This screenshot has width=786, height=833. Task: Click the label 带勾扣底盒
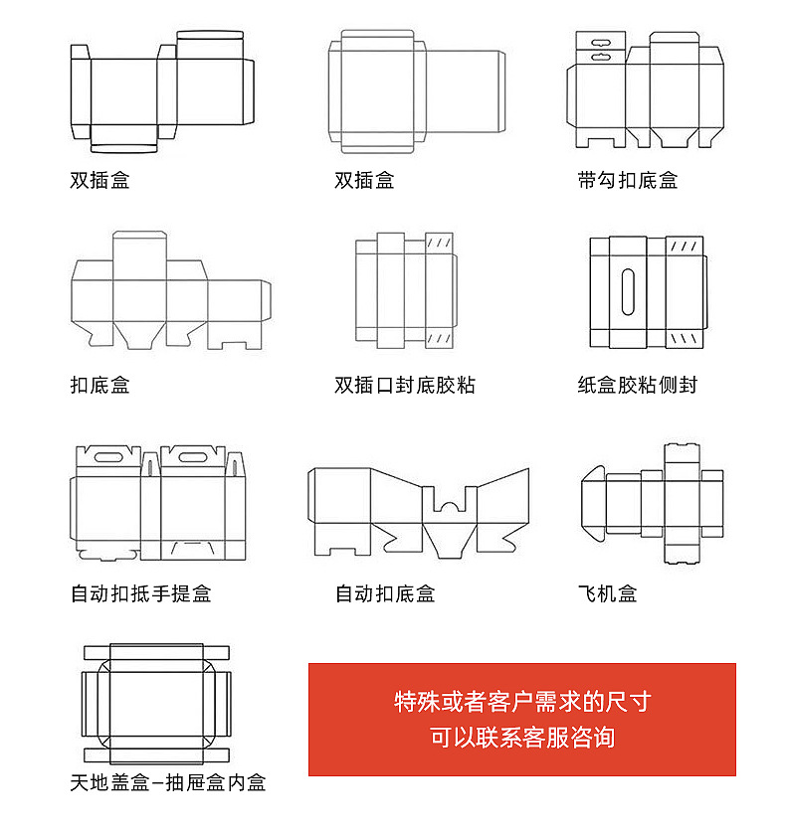tap(627, 181)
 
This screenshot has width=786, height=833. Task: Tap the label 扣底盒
tap(99, 385)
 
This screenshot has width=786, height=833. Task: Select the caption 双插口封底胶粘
tap(405, 385)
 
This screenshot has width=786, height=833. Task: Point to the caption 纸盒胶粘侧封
tap(637, 385)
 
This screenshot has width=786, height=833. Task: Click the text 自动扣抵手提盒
tap(140, 593)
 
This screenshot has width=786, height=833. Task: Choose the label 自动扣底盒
tap(385, 593)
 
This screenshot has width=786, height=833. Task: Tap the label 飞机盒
tap(607, 593)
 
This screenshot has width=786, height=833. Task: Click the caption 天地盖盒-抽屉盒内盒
tap(168, 783)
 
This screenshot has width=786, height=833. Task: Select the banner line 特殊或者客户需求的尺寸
tap(522, 702)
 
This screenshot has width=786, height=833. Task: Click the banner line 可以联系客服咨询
tap(522, 738)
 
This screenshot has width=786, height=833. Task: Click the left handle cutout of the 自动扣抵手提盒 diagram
tap(108, 457)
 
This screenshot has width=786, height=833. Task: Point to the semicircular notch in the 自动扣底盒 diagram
tap(451, 506)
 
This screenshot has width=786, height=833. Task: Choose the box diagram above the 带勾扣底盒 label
tap(645, 89)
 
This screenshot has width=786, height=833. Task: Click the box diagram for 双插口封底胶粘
tap(405, 290)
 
